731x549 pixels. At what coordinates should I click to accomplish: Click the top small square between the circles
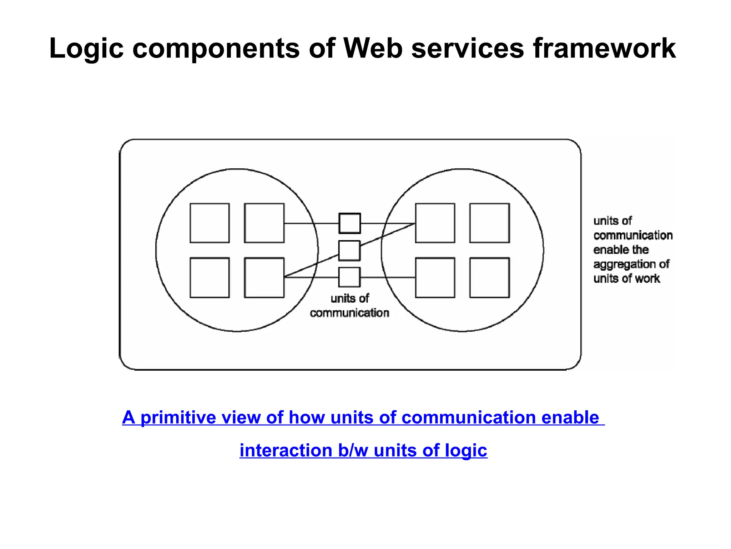pos(349,223)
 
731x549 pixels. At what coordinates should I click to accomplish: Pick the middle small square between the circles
pos(349,251)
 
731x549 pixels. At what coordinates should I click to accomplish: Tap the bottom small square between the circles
pos(349,277)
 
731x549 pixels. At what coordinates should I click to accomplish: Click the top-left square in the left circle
pos(210,223)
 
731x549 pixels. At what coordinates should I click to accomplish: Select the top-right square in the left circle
pos(264,223)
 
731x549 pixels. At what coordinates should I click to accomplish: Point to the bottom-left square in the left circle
pos(210,277)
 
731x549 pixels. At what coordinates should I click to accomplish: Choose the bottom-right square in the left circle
pos(264,277)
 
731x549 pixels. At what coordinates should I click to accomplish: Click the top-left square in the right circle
pos(435,223)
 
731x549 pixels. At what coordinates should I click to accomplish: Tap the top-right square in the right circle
pos(489,223)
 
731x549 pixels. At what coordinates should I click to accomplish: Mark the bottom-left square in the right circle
pos(435,277)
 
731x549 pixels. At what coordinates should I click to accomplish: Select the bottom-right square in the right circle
pos(489,277)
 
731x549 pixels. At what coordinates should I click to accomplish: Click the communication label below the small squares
pos(349,313)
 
